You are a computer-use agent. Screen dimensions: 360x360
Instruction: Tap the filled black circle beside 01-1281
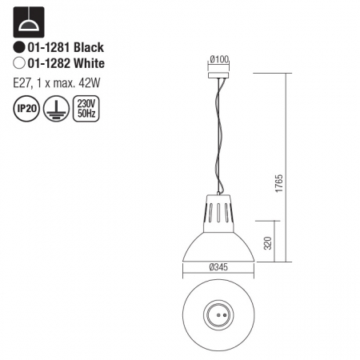coord(18,48)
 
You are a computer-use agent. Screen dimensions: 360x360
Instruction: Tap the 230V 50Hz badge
coord(84,106)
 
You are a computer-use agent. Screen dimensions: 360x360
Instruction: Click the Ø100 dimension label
coord(218,59)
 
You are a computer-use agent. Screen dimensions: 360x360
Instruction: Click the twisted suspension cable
coord(217,136)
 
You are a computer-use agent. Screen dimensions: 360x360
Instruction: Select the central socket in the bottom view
coord(218,314)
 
